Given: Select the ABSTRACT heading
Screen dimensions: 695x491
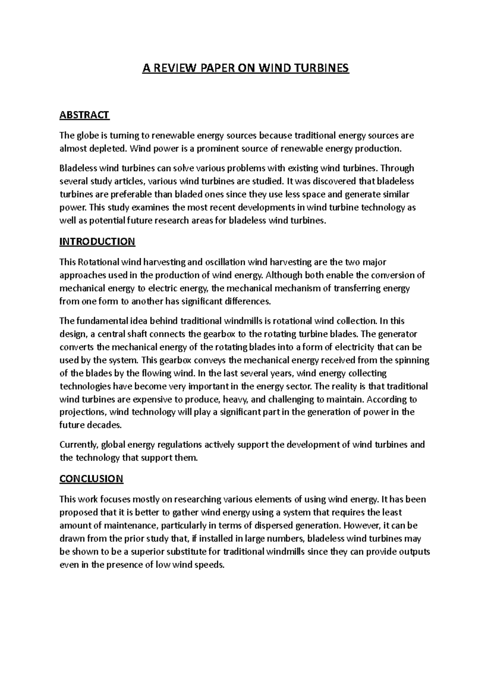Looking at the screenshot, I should pos(84,115).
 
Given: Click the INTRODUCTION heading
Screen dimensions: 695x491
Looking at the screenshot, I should pos(97,241).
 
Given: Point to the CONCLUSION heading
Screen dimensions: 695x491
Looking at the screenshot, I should pos(91,478).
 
